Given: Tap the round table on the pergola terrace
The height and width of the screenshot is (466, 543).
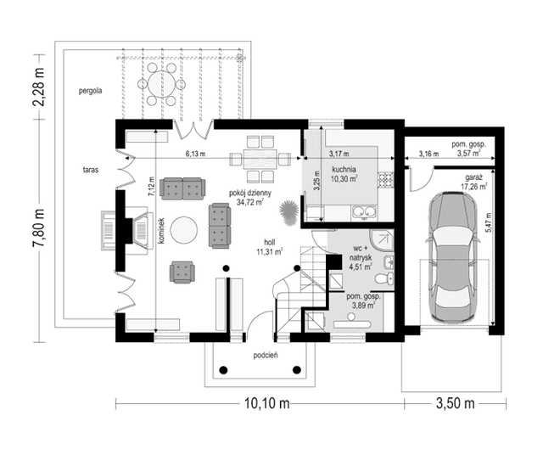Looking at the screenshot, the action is pyautogui.click(x=161, y=83).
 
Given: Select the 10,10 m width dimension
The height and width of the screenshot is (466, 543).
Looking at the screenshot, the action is pyautogui.click(x=267, y=403).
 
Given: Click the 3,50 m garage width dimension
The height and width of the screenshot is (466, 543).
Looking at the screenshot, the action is pyautogui.click(x=455, y=403).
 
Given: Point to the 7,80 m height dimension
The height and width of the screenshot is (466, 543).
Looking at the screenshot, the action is pyautogui.click(x=39, y=228).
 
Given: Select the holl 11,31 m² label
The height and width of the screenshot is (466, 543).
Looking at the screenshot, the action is pyautogui.click(x=270, y=247).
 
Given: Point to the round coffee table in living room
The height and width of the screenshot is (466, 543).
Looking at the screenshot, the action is pyautogui.click(x=185, y=230).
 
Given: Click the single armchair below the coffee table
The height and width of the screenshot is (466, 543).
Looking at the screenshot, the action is pyautogui.click(x=182, y=272).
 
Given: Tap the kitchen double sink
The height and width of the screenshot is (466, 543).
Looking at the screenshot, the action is pyautogui.click(x=364, y=211).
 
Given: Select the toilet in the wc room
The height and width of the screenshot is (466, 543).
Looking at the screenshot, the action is pyautogui.click(x=385, y=278).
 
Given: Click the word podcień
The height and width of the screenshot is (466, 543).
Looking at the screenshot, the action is pyautogui.click(x=266, y=356).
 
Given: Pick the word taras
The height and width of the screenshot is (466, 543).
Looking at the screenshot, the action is pyautogui.click(x=91, y=170).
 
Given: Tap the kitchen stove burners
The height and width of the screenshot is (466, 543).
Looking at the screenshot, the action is pyautogui.click(x=384, y=181).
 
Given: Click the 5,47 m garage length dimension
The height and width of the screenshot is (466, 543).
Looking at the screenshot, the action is pyautogui.click(x=489, y=222).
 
